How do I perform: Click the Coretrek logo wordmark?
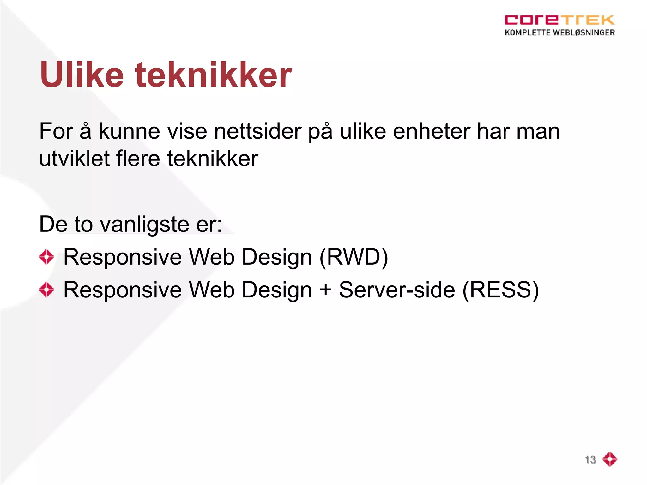(x=559, y=20)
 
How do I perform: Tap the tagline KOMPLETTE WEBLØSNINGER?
(x=559, y=33)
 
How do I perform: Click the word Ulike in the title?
(x=82, y=75)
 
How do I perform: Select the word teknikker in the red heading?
(x=214, y=75)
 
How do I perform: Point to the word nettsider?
(x=257, y=131)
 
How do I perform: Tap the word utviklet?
(x=74, y=159)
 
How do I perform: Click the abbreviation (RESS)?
(x=500, y=290)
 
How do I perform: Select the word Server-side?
(x=397, y=290)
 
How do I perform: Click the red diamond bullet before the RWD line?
(x=46, y=257)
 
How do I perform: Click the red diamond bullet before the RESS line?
(x=46, y=290)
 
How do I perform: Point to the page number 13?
(x=590, y=460)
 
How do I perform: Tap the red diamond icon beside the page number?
(x=610, y=459)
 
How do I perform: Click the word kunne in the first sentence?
(x=129, y=131)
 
